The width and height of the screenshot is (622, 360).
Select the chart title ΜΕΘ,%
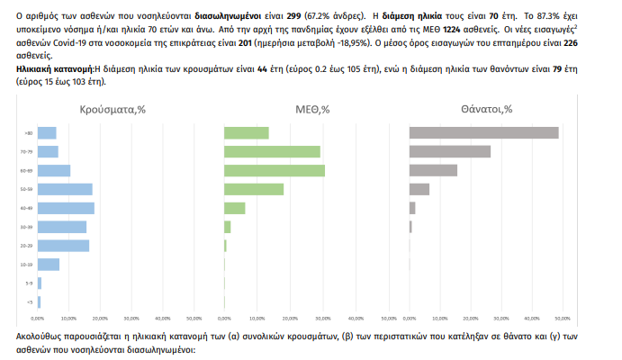point(312,110)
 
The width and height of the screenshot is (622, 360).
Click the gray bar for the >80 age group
point(483,133)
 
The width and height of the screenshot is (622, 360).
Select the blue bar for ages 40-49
point(66,208)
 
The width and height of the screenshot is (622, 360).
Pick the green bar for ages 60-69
point(275,171)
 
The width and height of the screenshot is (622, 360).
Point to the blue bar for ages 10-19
point(49,265)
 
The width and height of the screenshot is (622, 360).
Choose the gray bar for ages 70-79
point(449,151)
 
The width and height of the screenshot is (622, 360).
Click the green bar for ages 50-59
point(254,189)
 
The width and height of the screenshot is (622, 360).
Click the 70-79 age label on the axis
point(27,152)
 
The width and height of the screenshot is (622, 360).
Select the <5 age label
point(29,302)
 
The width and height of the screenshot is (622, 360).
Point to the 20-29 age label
point(27,246)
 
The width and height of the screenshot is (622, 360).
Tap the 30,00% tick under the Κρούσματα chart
point(130,318)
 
